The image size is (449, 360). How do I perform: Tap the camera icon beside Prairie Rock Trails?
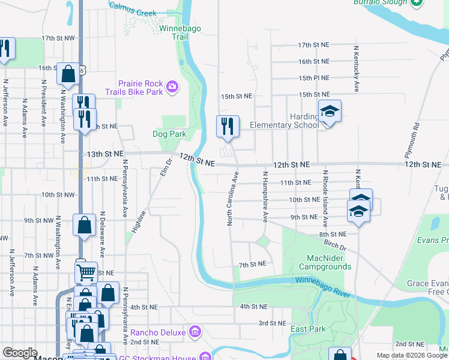click(172, 88)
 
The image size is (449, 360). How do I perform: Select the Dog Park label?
click(169, 134)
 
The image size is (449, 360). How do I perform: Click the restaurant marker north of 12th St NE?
click(228, 127)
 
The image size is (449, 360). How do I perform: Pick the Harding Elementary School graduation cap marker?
click(329, 112)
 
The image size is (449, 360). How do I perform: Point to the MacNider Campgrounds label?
click(325, 262)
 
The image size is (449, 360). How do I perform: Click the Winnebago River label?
click(325, 280)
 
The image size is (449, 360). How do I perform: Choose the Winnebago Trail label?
click(174, 32)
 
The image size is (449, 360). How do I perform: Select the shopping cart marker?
click(86, 273)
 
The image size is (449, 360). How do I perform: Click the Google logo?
click(20, 353)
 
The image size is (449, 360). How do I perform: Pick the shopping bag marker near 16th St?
click(68, 74)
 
